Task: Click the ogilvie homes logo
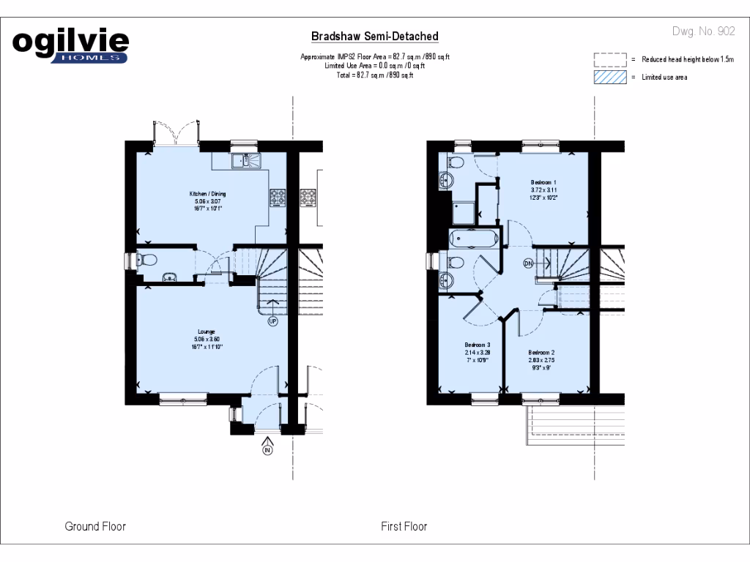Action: tap(71, 46)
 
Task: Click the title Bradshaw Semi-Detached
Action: tap(375, 36)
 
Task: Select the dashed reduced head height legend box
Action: tap(610, 59)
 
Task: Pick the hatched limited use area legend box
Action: tap(610, 77)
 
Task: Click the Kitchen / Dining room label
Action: tap(207, 194)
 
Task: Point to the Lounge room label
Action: tap(207, 331)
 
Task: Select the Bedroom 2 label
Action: tap(542, 352)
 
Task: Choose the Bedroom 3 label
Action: tap(478, 345)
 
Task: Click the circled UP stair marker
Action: tap(272, 321)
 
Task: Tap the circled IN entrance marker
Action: tap(267, 450)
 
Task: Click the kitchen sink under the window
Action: tap(241, 160)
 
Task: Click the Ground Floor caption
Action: tap(95, 526)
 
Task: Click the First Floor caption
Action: tap(404, 526)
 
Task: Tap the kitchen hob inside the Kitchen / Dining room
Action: tap(278, 196)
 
